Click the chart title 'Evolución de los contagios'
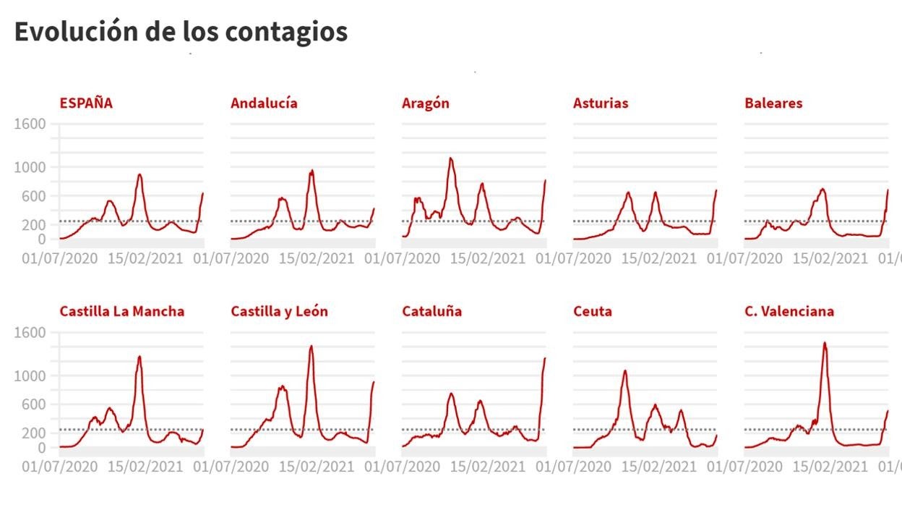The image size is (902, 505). tap(181, 32)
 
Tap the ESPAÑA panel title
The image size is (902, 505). tap(86, 103)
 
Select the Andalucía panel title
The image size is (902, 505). tap(264, 103)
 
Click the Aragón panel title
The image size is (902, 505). tap(426, 103)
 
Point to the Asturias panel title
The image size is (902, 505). tap(601, 103)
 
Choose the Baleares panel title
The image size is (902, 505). tap(773, 103)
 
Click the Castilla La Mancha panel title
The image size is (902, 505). tap(121, 311)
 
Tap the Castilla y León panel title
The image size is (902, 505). tap(279, 311)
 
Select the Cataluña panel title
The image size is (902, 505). tap(431, 311)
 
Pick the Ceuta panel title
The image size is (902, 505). tap(593, 311)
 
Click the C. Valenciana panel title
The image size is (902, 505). tap(789, 311)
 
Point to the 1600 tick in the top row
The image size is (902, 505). tap(30, 124)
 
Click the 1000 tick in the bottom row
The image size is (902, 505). tap(30, 375)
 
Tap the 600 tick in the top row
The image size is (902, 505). tap(34, 196)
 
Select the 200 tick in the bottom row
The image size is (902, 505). tap(34, 433)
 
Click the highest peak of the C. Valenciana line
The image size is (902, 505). tap(825, 343)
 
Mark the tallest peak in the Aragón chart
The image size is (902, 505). tap(451, 158)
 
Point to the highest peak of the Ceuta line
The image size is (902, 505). tap(625, 371)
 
